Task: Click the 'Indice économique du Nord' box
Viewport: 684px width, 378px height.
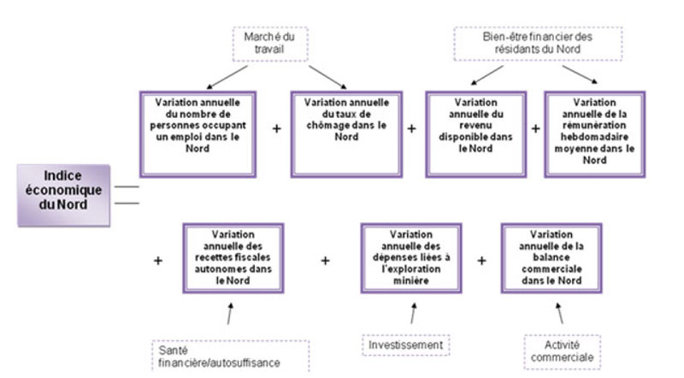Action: (x=63, y=195)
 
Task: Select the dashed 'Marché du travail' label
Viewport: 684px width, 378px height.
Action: (x=270, y=44)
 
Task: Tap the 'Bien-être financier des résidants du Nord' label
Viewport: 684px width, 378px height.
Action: (x=538, y=44)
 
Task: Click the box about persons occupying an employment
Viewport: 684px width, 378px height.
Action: (x=198, y=134)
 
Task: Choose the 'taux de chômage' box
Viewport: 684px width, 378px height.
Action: (x=346, y=134)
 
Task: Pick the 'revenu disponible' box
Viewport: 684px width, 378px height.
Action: (x=476, y=134)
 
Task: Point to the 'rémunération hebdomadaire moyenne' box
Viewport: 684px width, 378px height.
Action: (x=594, y=134)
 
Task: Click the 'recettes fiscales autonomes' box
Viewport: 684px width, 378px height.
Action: (x=233, y=258)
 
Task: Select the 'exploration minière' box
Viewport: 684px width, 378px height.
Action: (x=411, y=258)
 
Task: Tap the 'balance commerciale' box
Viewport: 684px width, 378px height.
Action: (x=551, y=258)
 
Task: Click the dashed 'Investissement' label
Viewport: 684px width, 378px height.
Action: (x=405, y=345)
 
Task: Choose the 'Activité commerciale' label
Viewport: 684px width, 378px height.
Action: (x=563, y=351)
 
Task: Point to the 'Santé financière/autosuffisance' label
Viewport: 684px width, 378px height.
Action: (x=231, y=356)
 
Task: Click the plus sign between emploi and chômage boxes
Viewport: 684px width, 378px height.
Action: (x=276, y=129)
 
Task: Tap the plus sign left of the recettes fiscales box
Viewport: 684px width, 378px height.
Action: (x=158, y=261)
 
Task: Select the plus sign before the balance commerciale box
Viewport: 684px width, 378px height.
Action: (x=481, y=261)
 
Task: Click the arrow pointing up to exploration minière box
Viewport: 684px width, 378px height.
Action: (x=413, y=313)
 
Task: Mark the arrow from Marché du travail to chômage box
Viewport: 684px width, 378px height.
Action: (x=327, y=77)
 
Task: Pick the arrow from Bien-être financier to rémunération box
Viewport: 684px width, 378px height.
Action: (x=580, y=74)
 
